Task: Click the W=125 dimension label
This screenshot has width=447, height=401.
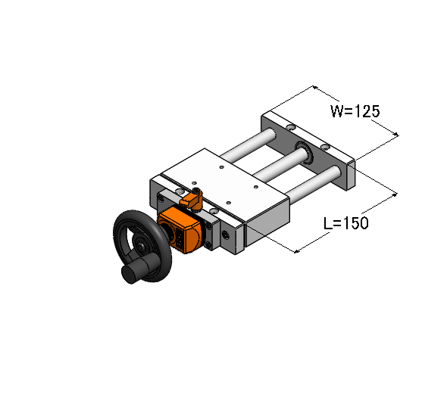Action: click(x=355, y=111)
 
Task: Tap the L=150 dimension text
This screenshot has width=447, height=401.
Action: click(x=346, y=223)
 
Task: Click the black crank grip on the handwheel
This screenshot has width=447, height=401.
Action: click(x=137, y=268)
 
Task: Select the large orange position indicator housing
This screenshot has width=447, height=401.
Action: click(x=180, y=230)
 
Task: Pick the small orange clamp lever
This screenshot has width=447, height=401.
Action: click(x=192, y=199)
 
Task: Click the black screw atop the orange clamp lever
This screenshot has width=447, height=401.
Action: click(x=196, y=191)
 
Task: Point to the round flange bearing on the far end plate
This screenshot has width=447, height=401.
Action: click(x=305, y=153)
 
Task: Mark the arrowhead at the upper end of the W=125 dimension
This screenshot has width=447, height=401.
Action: click(x=314, y=87)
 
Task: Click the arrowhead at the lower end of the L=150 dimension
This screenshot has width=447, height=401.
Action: click(x=296, y=251)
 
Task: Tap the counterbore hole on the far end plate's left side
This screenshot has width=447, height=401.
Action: click(x=291, y=127)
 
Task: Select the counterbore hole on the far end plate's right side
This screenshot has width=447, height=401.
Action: click(x=325, y=147)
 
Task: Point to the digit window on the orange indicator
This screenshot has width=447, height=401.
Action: click(x=180, y=238)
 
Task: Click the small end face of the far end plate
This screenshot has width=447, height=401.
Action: click(x=351, y=176)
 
